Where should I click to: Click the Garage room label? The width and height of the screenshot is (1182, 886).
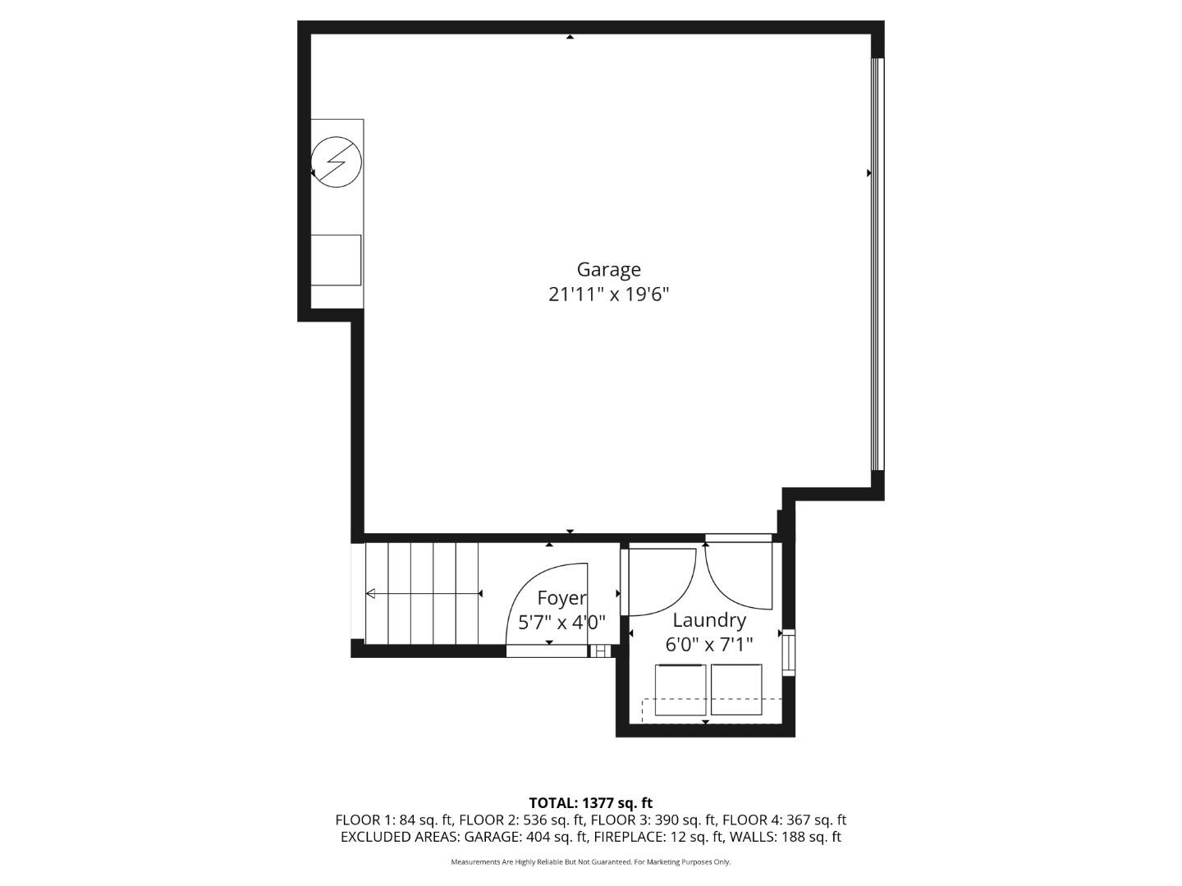pos(608,269)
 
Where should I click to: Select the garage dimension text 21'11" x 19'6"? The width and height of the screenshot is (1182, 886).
pos(608,295)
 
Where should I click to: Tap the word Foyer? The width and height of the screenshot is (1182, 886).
pos(561,598)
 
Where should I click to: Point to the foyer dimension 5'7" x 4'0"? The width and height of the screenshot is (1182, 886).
pos(561,623)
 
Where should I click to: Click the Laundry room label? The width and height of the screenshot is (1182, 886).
pos(709,620)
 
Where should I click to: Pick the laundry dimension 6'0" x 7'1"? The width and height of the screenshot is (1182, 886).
pos(709,645)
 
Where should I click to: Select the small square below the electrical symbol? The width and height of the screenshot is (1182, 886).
pos(336,260)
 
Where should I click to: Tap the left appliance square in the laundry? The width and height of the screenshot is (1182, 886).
pos(680,690)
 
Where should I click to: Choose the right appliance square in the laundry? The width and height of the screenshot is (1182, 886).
pos(736,689)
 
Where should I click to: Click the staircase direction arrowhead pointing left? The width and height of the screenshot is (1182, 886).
pos(371,594)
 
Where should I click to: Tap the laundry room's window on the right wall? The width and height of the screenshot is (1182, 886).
pos(789,652)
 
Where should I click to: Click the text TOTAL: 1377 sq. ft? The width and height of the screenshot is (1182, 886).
pos(590,803)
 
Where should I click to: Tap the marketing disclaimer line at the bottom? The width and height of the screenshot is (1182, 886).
pos(590,862)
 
